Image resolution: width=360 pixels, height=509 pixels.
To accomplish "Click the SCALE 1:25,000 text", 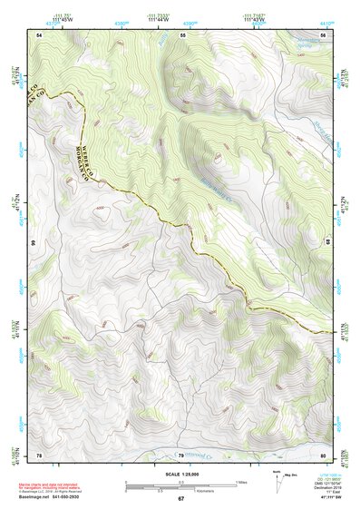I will (180, 475).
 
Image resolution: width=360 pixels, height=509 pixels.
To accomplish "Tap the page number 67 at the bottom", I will (180, 499).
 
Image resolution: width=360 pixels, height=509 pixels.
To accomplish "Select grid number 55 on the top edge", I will (182, 34).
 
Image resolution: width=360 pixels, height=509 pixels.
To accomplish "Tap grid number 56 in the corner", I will (323, 34).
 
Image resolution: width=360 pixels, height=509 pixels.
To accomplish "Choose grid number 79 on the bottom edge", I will (180, 455).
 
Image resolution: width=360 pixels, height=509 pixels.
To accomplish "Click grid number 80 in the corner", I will (323, 455).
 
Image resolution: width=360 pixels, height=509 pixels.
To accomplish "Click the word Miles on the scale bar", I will (242, 481).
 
